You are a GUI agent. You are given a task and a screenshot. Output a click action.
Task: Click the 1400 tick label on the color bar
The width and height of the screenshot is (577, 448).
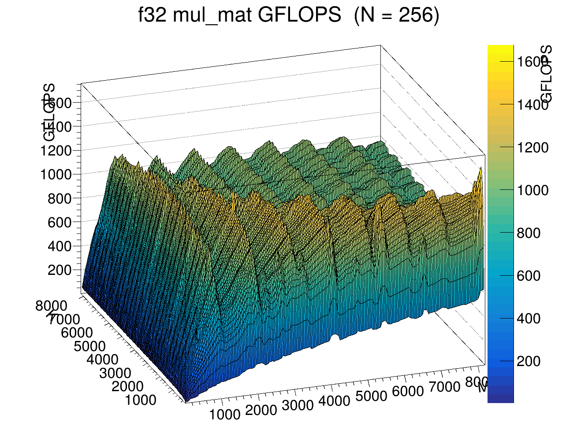click(x=533, y=105)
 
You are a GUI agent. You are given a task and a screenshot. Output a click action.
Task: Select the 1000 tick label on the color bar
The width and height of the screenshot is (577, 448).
click(x=533, y=190)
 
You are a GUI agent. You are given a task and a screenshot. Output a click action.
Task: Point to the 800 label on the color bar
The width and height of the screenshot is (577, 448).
click(x=529, y=233)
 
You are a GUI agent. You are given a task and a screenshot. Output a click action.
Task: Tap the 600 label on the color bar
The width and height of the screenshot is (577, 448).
click(x=529, y=276)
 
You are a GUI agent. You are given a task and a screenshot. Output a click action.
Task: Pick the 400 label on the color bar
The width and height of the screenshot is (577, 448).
click(x=529, y=318)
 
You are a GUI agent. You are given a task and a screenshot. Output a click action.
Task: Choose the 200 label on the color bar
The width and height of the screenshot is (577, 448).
click(x=529, y=361)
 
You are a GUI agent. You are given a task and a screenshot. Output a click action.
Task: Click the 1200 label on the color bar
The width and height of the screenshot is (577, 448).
click(x=533, y=148)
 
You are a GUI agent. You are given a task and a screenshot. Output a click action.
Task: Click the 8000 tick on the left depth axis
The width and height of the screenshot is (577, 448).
click(x=51, y=306)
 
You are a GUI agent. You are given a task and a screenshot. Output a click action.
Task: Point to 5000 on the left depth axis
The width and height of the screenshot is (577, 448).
click(x=89, y=346)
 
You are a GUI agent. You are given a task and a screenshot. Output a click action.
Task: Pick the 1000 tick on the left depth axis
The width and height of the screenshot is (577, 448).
click(x=140, y=400)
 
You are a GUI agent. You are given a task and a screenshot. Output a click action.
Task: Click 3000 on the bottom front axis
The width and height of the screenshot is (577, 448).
click(x=298, y=405)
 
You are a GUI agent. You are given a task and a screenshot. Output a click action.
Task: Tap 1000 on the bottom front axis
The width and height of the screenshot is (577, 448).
click(x=225, y=415)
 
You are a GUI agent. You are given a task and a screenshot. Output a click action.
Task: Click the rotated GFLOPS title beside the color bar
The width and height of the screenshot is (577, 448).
click(x=547, y=74)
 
